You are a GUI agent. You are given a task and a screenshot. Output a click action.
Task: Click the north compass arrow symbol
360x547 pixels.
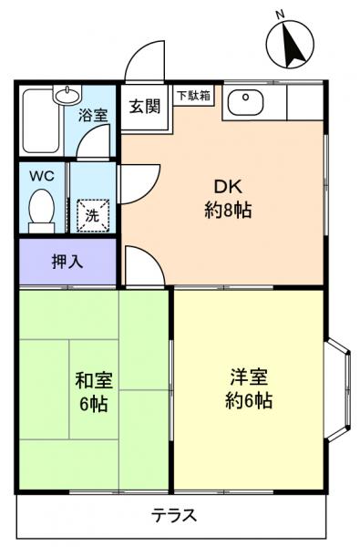(293, 46)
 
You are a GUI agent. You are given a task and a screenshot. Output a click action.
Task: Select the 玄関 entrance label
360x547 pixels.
(144, 106)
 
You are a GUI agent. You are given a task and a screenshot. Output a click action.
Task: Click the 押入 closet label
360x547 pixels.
(66, 261)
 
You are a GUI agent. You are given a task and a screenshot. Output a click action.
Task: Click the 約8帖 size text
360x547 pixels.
(227, 212)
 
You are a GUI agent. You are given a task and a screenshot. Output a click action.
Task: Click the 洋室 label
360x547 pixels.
(248, 377)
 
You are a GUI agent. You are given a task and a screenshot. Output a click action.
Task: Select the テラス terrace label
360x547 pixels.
(172, 515)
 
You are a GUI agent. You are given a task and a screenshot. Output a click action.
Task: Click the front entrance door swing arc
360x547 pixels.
(143, 64)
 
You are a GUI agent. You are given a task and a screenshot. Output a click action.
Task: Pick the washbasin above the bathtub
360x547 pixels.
(66, 94)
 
